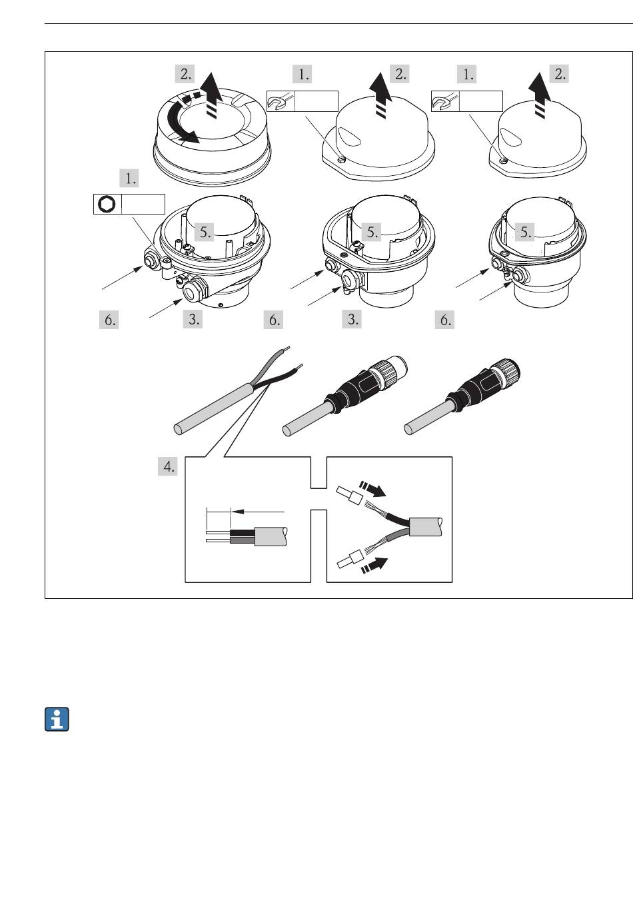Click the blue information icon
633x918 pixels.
pos(57,719)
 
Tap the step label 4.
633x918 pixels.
pos(168,466)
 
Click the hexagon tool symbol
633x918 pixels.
pos(107,204)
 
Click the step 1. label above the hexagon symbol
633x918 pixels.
pos(129,179)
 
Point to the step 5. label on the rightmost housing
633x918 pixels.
pos(525,232)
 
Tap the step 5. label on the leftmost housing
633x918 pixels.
pos(205,232)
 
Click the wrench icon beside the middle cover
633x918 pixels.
pos(281,101)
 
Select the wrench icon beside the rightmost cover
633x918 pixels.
pos(445,101)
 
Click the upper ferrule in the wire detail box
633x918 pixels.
pos(349,495)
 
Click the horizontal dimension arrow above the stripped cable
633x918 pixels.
pos(257,512)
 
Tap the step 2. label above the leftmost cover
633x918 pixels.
pos(185,74)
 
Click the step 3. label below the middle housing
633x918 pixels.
pos(352,319)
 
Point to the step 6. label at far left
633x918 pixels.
pos(109,320)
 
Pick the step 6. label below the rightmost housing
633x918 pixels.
pos(445,320)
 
